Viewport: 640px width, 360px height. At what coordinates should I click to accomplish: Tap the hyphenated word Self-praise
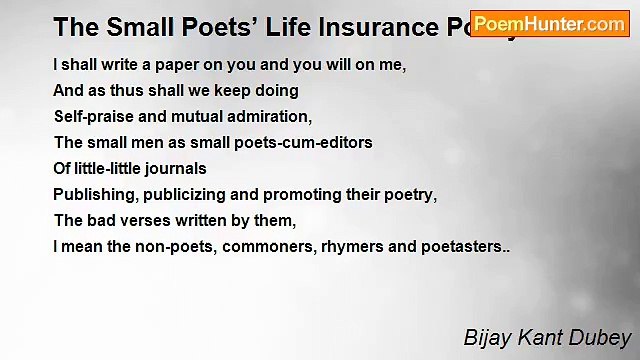coord(96,116)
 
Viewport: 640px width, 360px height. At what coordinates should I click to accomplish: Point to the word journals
coord(173,168)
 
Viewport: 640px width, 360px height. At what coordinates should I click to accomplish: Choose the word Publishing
coord(92,194)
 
